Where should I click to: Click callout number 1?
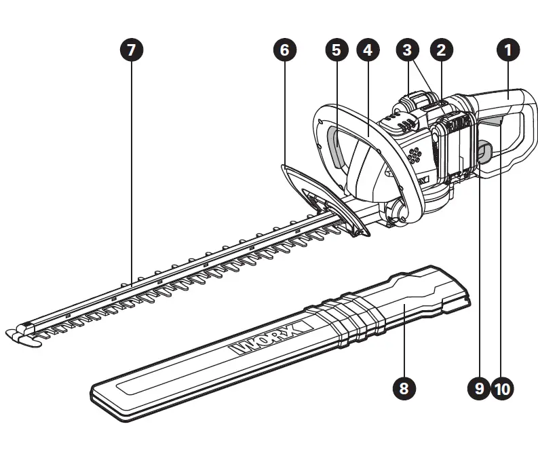508,50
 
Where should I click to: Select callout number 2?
442,50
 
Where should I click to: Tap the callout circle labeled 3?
407,50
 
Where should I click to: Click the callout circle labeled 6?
284,50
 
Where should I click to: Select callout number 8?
404,388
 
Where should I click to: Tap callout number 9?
478,388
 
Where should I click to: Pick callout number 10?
503,388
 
